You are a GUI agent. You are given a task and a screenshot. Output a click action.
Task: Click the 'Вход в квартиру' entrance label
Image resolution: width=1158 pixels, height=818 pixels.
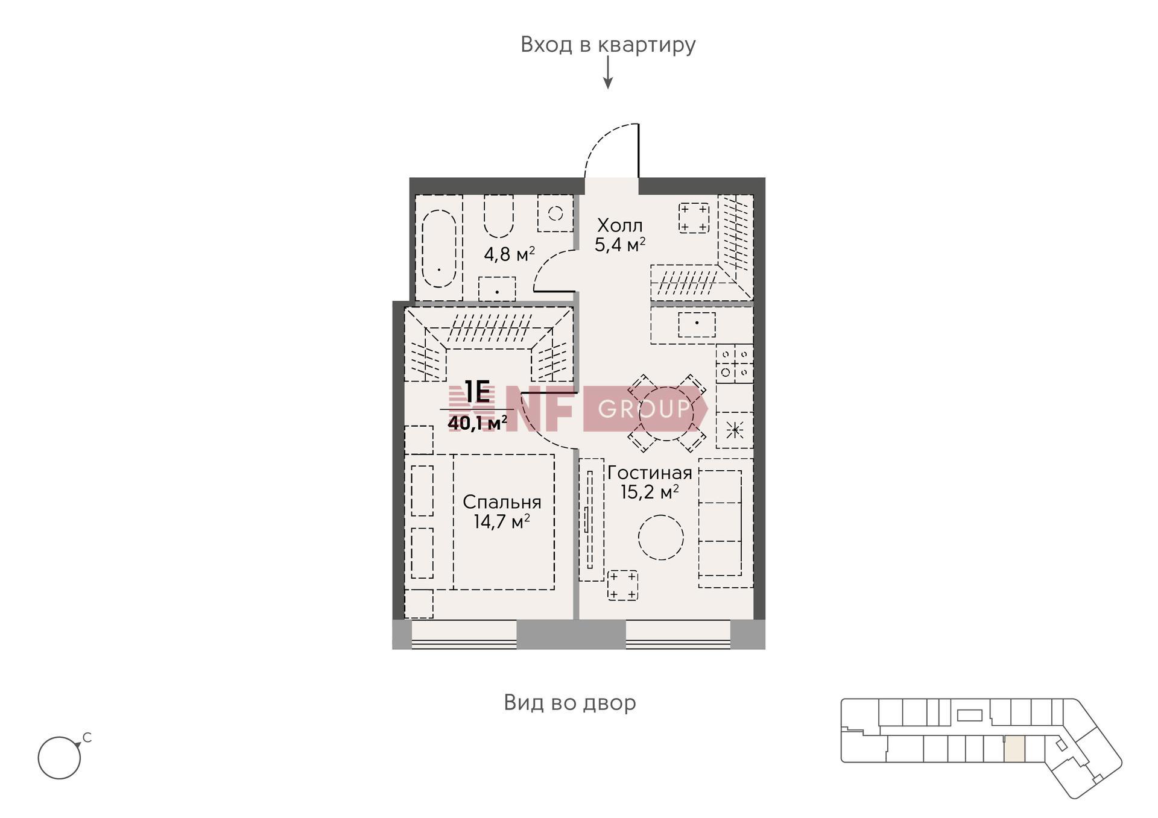click(x=608, y=45)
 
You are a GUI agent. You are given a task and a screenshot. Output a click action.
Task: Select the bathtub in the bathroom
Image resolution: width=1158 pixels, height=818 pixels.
click(x=438, y=249)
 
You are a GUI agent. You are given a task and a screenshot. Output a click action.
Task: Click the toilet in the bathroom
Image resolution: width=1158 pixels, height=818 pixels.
click(x=499, y=216)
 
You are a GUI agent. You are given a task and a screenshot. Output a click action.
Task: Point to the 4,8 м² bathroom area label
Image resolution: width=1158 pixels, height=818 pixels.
click(x=509, y=254)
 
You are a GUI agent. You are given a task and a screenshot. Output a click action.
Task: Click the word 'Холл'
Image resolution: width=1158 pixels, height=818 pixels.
click(x=619, y=225)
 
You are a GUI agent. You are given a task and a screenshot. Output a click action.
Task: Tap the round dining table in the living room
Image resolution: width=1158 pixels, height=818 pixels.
click(x=666, y=413)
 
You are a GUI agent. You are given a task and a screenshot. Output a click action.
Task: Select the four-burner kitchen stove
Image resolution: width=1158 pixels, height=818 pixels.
click(x=735, y=363)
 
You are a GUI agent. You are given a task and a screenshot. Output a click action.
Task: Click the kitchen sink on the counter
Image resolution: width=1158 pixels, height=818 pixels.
click(x=697, y=325)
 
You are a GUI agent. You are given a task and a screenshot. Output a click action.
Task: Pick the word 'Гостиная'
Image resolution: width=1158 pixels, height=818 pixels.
click(x=650, y=473)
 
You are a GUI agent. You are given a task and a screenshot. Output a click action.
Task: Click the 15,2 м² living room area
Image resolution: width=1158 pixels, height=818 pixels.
click(x=650, y=492)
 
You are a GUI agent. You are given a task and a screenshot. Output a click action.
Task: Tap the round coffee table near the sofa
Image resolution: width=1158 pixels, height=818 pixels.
click(x=661, y=538)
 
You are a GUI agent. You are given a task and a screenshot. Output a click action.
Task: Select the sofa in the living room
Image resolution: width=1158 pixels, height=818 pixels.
click(x=726, y=523)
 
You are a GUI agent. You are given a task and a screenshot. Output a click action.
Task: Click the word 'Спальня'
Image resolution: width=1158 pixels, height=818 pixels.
click(x=502, y=502)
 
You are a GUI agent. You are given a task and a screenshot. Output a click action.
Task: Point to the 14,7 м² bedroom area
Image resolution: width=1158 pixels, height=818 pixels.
click(x=502, y=521)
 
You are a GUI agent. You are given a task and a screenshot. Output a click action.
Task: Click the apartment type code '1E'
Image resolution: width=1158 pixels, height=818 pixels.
click(x=478, y=392)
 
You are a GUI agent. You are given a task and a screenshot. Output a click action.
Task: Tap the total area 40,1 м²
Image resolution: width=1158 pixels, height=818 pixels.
click(x=477, y=423)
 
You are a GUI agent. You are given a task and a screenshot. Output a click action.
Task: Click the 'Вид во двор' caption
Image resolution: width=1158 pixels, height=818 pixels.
click(x=570, y=703)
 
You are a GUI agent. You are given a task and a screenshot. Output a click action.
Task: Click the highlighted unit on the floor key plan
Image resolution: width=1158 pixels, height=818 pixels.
click(x=1014, y=749)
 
